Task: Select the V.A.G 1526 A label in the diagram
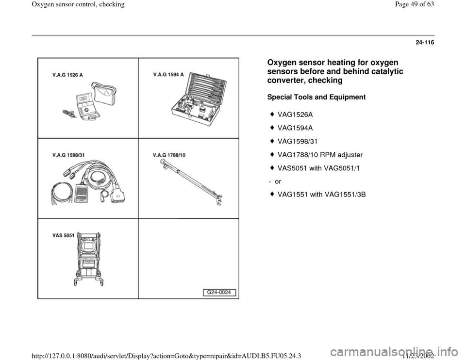tap(67, 75)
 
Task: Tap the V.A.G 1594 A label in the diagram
tap(167, 75)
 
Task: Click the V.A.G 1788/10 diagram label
tap(169, 155)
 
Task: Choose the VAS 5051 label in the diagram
tap(63, 235)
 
